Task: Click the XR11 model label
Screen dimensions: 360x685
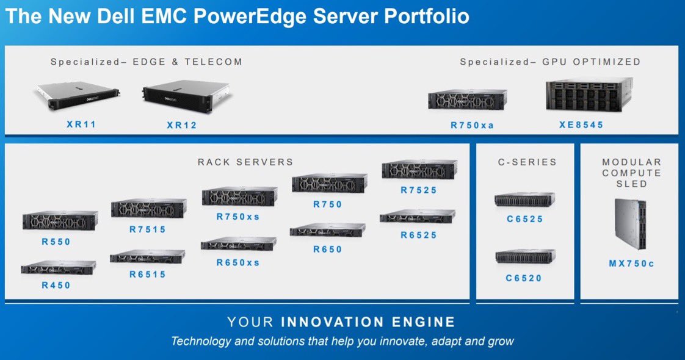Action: click(x=81, y=124)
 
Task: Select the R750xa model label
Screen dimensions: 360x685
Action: click(x=472, y=125)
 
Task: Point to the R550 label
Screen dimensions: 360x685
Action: click(x=56, y=242)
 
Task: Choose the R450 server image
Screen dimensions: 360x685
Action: click(x=59, y=267)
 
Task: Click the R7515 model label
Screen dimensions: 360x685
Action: click(x=148, y=229)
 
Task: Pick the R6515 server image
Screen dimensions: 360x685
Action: click(x=148, y=256)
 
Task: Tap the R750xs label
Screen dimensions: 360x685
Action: click(x=238, y=216)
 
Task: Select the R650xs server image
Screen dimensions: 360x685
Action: click(x=238, y=243)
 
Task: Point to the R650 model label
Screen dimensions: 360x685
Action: click(x=328, y=249)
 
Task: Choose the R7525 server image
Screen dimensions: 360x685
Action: click(x=419, y=170)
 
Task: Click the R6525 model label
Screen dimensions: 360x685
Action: click(x=419, y=235)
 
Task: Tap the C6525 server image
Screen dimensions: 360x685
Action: click(x=524, y=199)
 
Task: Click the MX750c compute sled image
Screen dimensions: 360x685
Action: click(x=631, y=224)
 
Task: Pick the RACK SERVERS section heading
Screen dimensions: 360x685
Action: click(x=245, y=162)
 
